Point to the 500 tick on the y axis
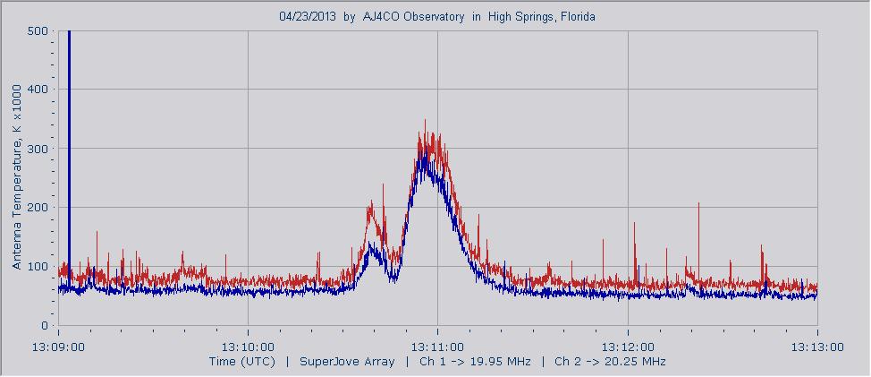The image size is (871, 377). point(38,31)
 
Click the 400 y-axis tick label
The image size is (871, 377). point(38,90)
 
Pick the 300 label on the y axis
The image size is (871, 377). point(38,149)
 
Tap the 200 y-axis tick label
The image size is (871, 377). point(38,208)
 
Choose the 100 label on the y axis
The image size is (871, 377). point(38,267)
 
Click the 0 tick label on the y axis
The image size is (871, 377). point(45,326)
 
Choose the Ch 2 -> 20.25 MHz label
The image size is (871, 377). point(610,362)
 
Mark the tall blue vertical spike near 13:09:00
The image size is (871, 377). point(69,134)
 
